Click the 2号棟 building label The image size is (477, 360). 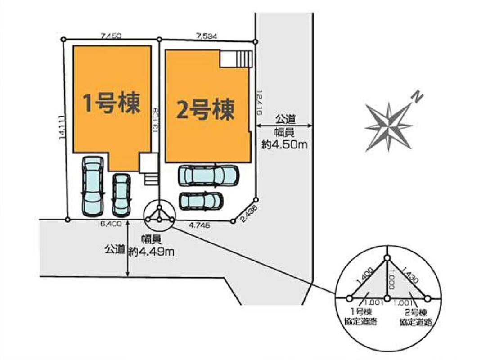click(205, 110)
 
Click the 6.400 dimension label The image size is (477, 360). click(110, 224)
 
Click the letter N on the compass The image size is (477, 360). click(418, 97)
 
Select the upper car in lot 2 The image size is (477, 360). click(208, 176)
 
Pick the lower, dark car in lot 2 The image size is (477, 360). click(201, 201)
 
